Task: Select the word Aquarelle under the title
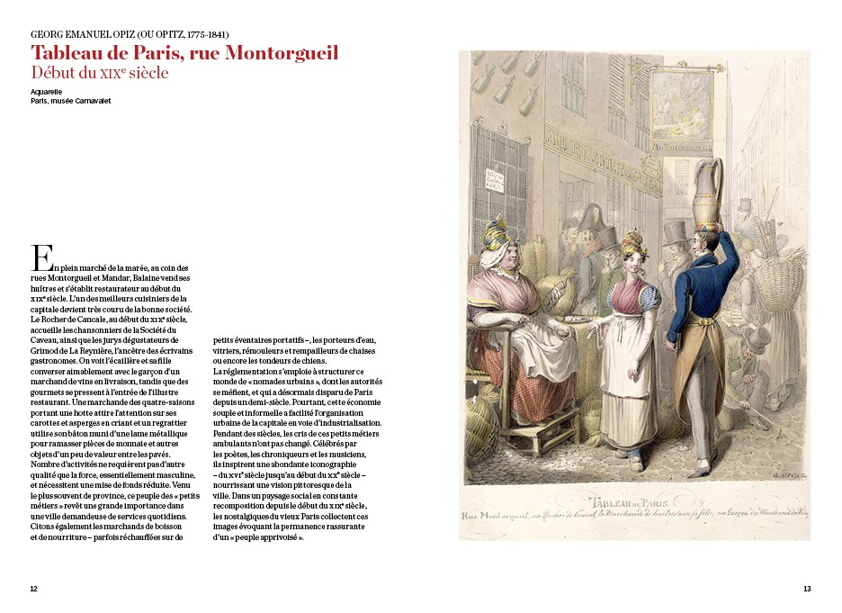[46, 91]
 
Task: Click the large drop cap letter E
[40, 257]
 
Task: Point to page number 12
[33, 589]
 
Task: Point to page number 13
[807, 589]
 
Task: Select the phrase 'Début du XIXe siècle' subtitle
[99, 73]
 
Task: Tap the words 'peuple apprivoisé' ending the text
[271, 537]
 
